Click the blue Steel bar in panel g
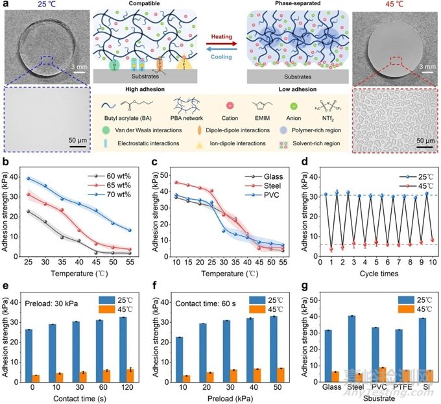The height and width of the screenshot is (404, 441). (x=352, y=343)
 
